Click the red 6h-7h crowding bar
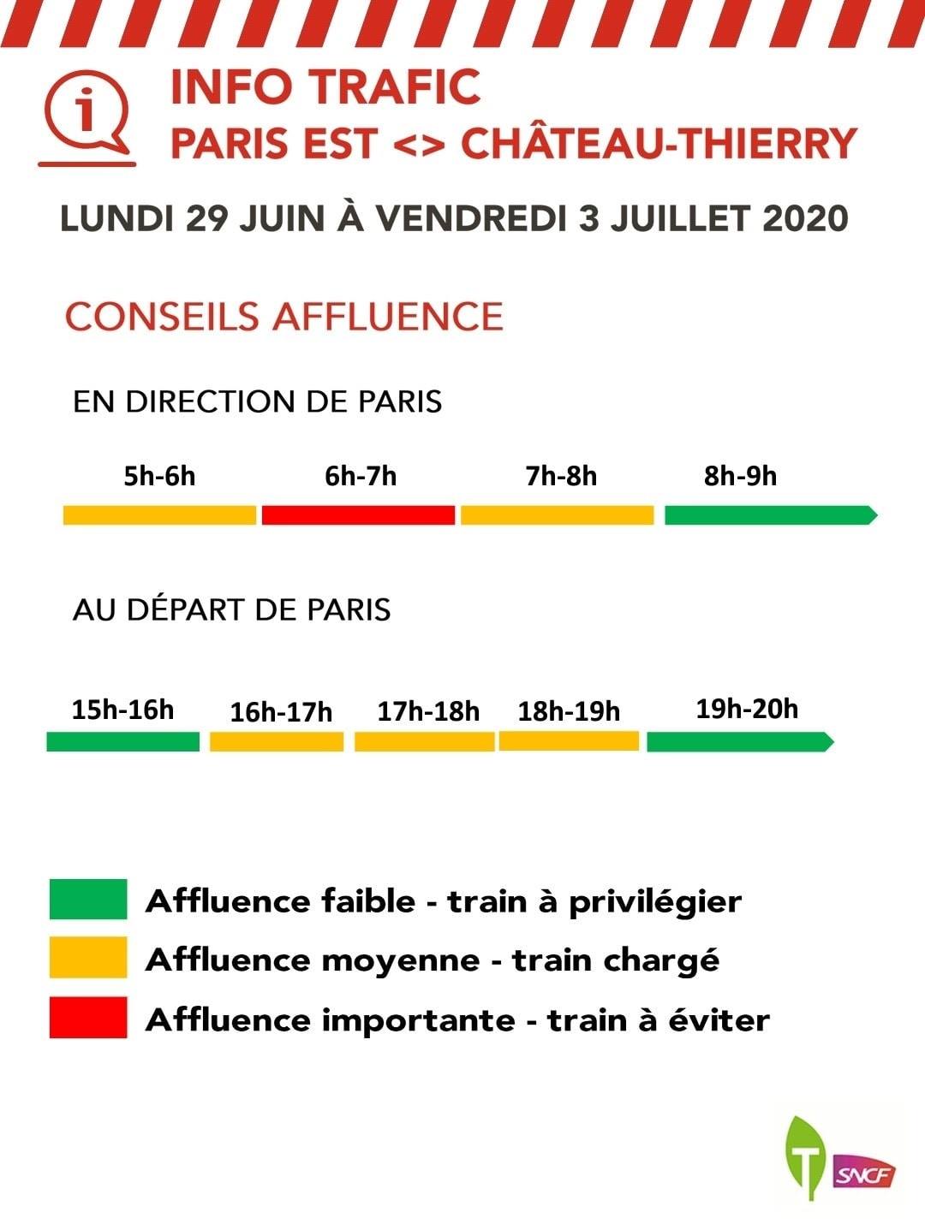pos(358,515)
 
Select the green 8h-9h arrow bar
pos(771,515)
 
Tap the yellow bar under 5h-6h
pos(160,515)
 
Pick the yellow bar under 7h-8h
pos(558,515)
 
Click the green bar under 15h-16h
pos(122,742)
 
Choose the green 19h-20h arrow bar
pos(741,742)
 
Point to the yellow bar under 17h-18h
pos(424,742)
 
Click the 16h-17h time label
pos(281,712)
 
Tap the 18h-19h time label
pos(569,711)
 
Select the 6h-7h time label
pos(361,476)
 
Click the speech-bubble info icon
pos(87,117)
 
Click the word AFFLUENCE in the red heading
pos(388,317)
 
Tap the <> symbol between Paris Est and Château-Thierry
pos(420,145)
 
